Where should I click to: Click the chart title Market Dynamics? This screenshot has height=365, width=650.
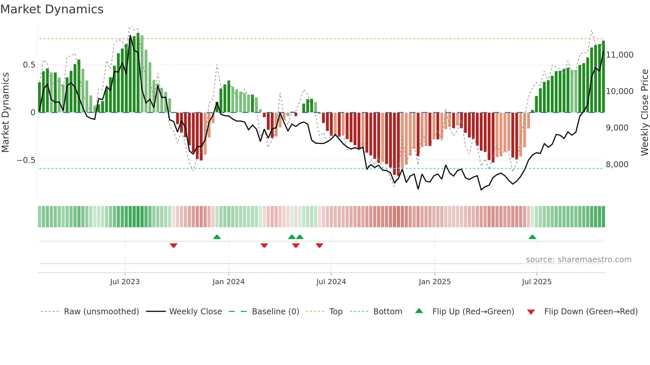pyautogui.click(x=52, y=9)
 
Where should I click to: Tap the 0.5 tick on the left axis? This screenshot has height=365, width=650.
pyautogui.click(x=29, y=65)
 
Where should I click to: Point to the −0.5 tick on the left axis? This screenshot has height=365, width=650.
pyautogui.click(x=26, y=160)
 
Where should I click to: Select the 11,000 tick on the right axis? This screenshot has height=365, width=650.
pyautogui.click(x=619, y=55)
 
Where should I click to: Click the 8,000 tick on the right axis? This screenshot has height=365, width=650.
pyautogui.click(x=617, y=165)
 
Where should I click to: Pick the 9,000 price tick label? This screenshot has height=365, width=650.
pyautogui.click(x=617, y=128)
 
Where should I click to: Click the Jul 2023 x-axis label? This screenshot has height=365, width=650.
pyautogui.click(x=125, y=282)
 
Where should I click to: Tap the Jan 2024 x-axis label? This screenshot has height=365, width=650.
pyautogui.click(x=228, y=282)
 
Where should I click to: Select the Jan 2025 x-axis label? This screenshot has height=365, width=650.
pyautogui.click(x=435, y=282)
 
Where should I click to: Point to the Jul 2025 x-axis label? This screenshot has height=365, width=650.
pyautogui.click(x=537, y=282)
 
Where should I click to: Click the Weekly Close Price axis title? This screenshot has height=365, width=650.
pyautogui.click(x=644, y=113)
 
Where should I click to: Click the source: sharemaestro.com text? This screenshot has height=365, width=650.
pyautogui.click(x=578, y=260)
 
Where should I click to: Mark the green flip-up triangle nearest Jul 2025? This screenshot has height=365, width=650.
pyautogui.click(x=532, y=237)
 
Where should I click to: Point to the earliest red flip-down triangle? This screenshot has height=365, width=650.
pyautogui.click(x=173, y=245)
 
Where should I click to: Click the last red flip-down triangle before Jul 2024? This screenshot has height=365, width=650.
pyautogui.click(x=319, y=245)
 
